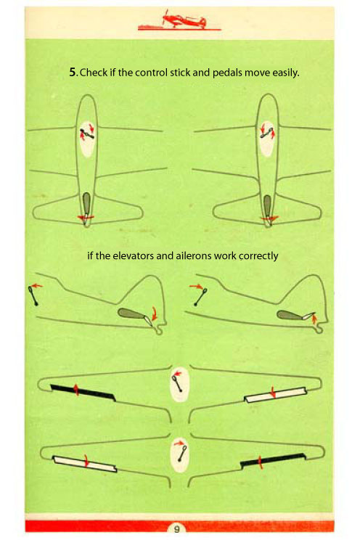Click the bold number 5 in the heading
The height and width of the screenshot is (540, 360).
click(x=72, y=73)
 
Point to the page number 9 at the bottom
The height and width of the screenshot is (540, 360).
click(x=176, y=528)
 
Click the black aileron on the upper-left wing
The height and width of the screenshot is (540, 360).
click(x=83, y=392)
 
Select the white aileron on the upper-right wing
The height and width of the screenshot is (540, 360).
click(x=276, y=395)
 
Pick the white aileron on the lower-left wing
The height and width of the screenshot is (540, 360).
click(x=84, y=464)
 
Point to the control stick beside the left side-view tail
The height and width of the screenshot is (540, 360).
click(x=33, y=296)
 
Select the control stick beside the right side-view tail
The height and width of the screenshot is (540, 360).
click(x=200, y=297)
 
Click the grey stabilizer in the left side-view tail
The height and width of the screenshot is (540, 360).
click(x=131, y=314)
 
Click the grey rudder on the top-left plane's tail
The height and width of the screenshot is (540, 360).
click(x=86, y=203)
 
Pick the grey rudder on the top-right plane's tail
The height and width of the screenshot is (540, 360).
click(x=267, y=206)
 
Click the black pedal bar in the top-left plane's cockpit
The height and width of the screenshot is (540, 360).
click(x=87, y=134)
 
